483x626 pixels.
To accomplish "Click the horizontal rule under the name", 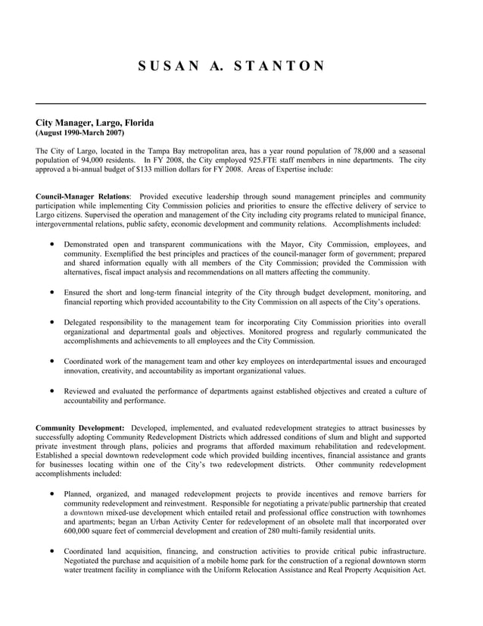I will click(x=231, y=103).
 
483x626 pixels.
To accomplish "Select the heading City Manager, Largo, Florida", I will click(x=95, y=122).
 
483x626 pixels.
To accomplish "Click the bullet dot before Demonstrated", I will click(x=51, y=244).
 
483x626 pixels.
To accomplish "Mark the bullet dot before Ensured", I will click(x=51, y=292).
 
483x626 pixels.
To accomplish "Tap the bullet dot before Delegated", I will click(x=51, y=322).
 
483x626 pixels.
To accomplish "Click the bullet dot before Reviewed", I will click(x=51, y=390).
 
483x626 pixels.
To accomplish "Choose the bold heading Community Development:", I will click(x=80, y=428).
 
